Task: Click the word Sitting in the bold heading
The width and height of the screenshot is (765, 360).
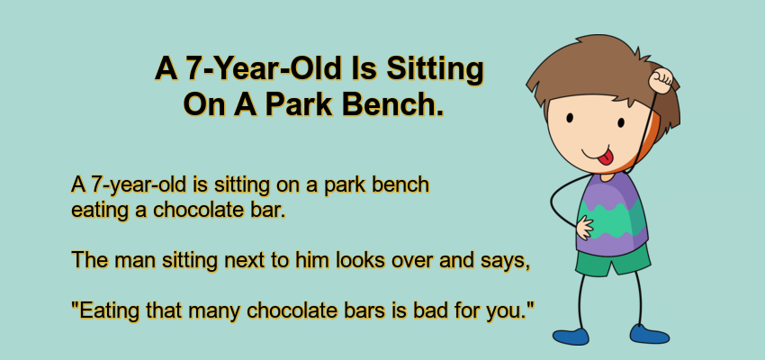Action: (x=436, y=70)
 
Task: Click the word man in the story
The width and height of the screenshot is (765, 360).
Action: (x=131, y=261)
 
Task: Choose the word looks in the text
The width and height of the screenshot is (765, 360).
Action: (x=362, y=260)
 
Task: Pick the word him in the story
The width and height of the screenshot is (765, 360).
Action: (x=311, y=260)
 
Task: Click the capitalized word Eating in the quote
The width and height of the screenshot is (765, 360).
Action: (x=106, y=311)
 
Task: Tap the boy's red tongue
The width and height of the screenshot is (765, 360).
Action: (x=605, y=157)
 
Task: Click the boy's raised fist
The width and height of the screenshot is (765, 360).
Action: (x=661, y=80)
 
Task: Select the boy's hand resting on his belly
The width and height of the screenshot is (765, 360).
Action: (x=584, y=228)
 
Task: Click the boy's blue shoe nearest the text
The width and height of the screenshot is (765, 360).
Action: (x=571, y=336)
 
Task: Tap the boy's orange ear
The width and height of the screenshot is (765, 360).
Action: (x=650, y=140)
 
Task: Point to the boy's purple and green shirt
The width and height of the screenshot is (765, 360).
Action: (x=612, y=213)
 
